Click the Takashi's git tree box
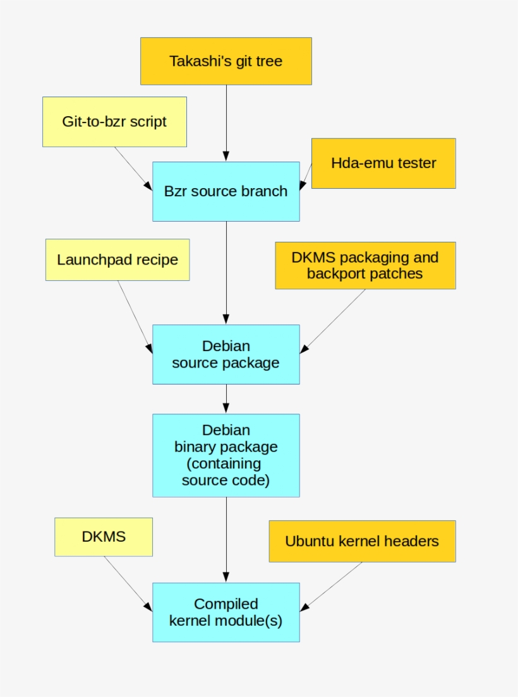pos(226,61)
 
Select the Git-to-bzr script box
pos(114,122)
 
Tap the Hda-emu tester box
pos(383,164)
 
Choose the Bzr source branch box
pos(226,191)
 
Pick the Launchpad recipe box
pos(117,259)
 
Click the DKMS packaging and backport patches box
pos(365,266)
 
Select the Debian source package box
pos(226,354)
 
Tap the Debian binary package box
pos(226,455)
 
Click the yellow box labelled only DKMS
pos(104,537)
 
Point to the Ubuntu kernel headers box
pos(362,541)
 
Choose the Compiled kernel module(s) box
pos(226,612)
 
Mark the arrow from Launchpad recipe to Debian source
pos(135,317)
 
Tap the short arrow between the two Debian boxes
pos(226,398)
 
